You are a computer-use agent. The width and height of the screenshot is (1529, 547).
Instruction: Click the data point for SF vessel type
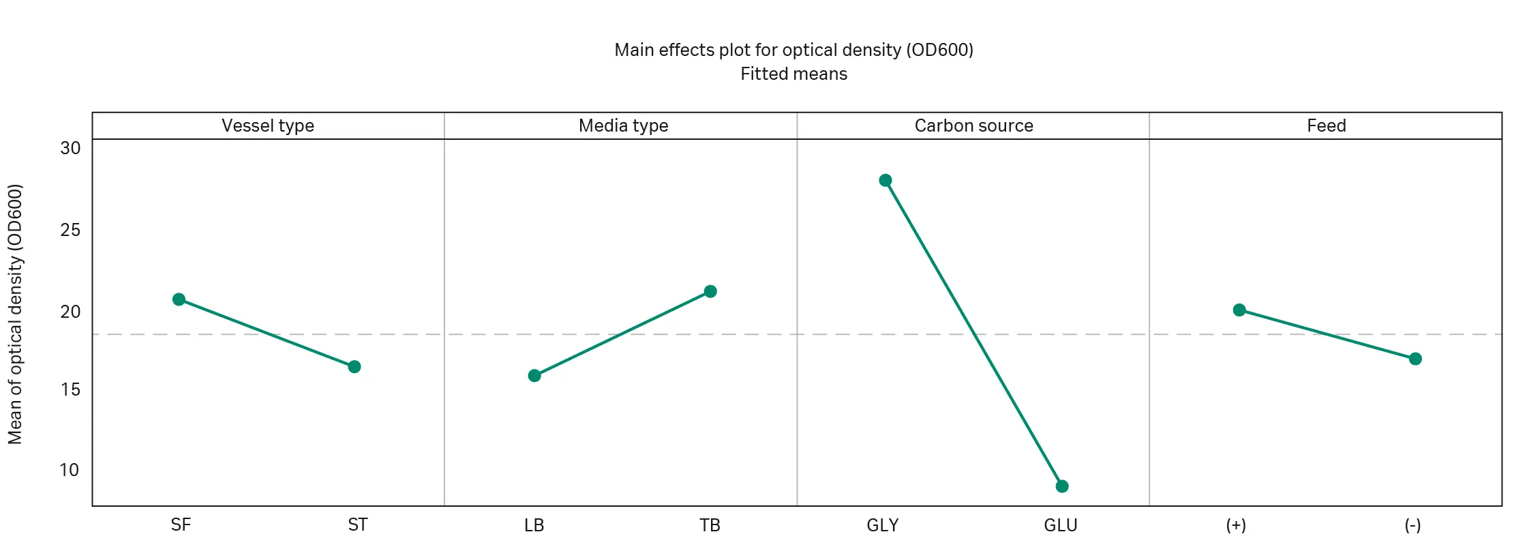179,299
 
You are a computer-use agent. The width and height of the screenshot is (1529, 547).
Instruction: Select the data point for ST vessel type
354,367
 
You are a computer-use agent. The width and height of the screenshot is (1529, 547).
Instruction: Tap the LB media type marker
534,376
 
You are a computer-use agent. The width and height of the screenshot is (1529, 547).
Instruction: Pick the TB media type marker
710,291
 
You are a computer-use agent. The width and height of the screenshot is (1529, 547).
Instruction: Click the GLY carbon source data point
885,181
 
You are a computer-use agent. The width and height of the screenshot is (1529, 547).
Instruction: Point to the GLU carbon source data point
1062,486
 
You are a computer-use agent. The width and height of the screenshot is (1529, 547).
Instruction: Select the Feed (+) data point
1239,310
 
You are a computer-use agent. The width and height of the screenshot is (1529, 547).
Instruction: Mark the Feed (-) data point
1415,359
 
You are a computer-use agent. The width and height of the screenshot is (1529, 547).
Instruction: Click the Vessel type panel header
268,126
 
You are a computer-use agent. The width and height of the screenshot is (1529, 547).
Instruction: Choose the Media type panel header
623,126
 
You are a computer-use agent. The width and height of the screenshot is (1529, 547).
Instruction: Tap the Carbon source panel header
973,126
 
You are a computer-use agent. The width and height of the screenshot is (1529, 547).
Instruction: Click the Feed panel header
1326,126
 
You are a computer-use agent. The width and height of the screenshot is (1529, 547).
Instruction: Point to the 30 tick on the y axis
70,148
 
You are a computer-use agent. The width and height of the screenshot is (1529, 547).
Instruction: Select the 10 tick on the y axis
70,470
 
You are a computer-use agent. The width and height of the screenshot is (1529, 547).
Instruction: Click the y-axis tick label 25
70,230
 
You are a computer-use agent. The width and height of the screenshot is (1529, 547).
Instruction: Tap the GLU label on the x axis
1061,525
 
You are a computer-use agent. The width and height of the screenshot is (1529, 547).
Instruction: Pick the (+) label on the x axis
1236,525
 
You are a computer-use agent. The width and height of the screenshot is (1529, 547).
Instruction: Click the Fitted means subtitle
793,74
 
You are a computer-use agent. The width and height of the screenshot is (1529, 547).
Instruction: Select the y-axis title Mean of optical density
15,314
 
